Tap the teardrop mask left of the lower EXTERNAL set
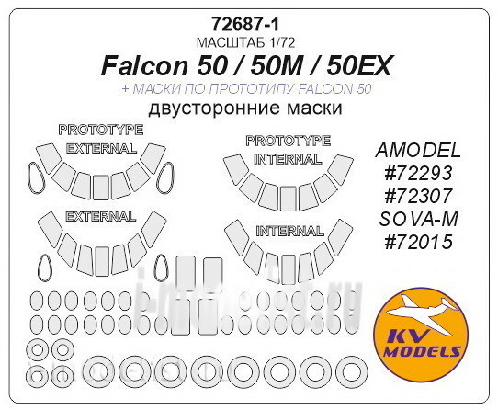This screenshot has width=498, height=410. pos(42,265)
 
